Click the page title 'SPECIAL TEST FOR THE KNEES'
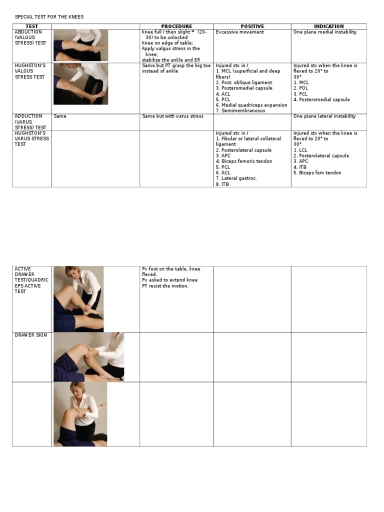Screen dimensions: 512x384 coord(49,17)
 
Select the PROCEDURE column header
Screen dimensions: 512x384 coord(176,26)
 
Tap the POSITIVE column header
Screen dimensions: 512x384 coord(252,26)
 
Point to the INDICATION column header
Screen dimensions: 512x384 coord(328,26)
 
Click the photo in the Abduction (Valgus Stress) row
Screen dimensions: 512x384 coord(80,45)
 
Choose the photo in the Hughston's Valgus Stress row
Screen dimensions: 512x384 coord(80,83)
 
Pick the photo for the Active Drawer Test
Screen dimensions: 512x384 coord(78,299)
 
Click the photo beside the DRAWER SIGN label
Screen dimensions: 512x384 coord(88,357)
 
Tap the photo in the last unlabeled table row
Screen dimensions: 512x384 coord(80,414)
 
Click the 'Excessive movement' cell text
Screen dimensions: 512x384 coord(240,32)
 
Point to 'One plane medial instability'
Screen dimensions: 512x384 coord(325,32)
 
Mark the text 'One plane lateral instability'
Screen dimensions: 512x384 coord(324,116)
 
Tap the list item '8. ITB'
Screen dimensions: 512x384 coord(222,184)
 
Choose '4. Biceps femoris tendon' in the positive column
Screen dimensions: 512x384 coord(244,161)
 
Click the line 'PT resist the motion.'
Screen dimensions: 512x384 coord(165,286)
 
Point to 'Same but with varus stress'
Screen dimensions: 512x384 coord(171,116)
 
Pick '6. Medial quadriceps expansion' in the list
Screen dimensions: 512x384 coord(251,105)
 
